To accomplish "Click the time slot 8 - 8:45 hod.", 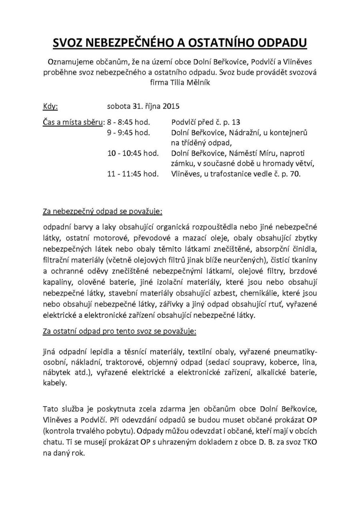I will [128, 122].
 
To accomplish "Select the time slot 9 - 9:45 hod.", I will [128, 132].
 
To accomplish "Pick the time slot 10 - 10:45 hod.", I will [133, 153].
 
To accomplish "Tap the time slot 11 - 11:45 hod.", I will [133, 174].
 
